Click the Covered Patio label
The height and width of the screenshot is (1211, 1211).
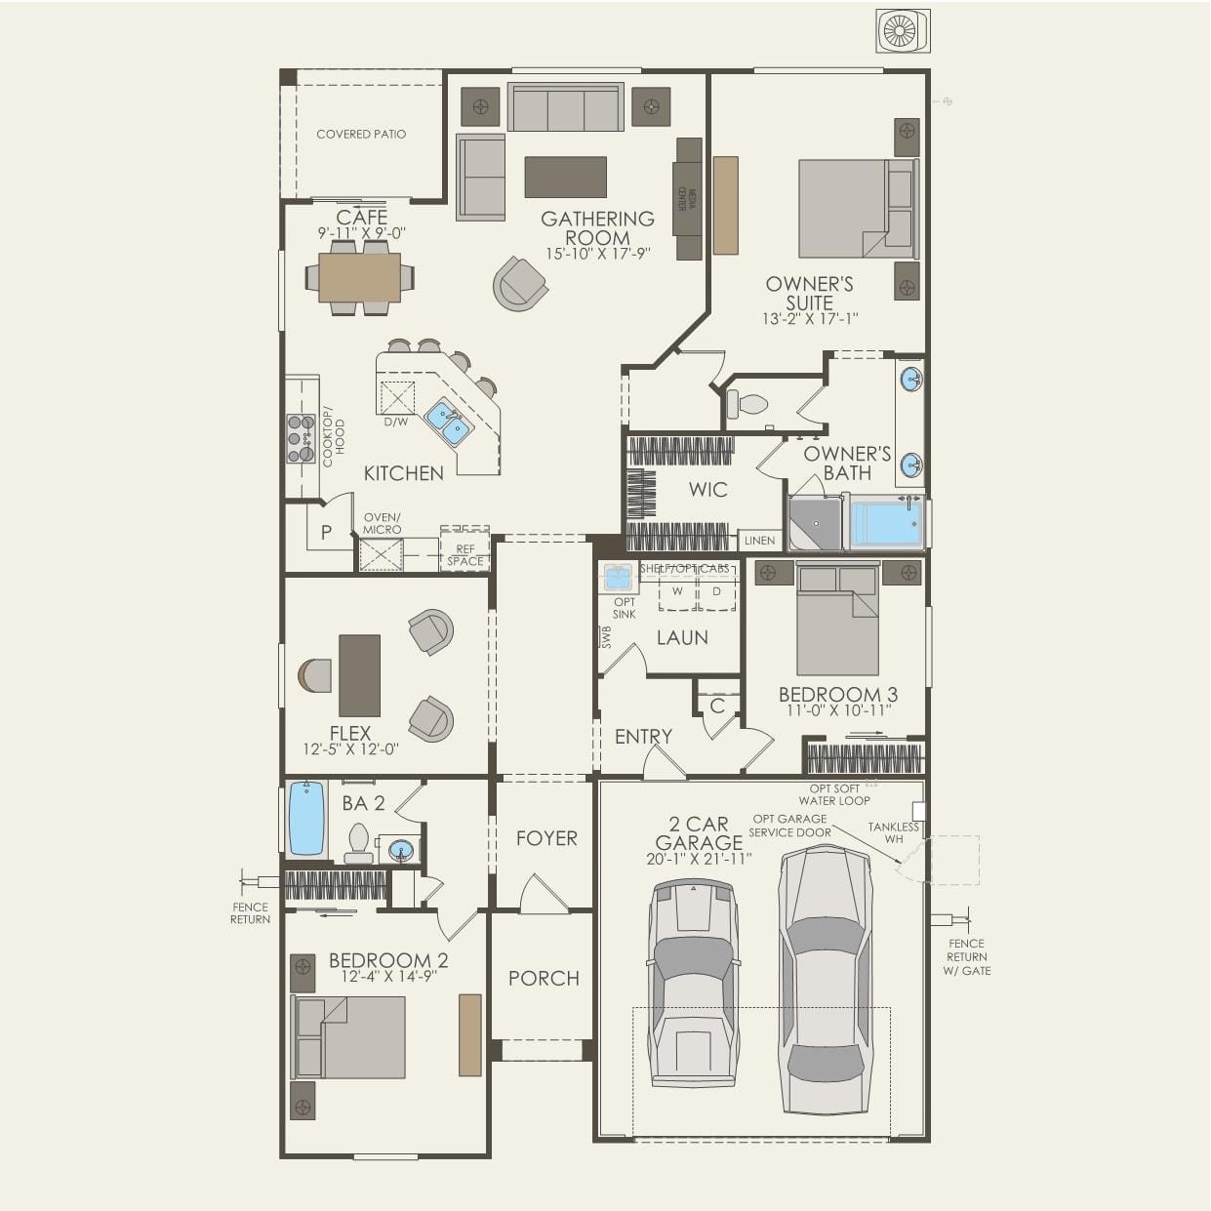click(x=361, y=134)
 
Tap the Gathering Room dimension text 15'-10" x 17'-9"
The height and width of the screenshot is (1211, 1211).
click(x=597, y=254)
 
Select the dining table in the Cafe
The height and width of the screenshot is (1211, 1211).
click(x=359, y=278)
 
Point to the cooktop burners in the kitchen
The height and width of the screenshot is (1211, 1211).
click(x=300, y=438)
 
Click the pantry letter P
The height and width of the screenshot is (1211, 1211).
click(x=326, y=533)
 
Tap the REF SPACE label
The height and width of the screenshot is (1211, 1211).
click(x=465, y=555)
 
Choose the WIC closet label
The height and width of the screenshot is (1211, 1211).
click(x=707, y=490)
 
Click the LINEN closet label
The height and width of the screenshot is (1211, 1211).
click(x=759, y=540)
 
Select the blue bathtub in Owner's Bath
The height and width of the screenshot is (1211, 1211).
click(x=886, y=524)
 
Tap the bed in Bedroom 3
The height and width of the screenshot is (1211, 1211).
click(x=837, y=621)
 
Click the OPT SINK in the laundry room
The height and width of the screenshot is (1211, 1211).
click(x=618, y=578)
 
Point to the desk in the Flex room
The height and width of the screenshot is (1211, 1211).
click(x=359, y=675)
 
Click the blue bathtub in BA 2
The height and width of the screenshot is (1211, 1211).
click(x=306, y=818)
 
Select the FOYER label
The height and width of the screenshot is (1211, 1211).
click(x=546, y=838)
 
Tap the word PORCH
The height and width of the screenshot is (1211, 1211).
click(x=544, y=978)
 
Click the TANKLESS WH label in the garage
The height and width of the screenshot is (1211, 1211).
click(x=893, y=832)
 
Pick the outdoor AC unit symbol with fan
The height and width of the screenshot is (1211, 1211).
click(x=903, y=31)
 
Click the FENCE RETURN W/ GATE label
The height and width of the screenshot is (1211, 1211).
click(x=966, y=957)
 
